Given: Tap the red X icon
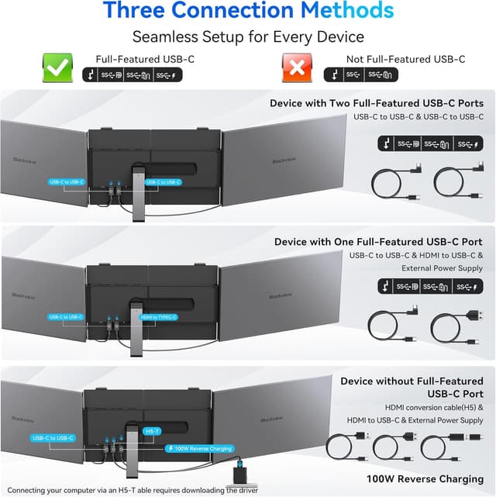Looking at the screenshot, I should (x=295, y=68).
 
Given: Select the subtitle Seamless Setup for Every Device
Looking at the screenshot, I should (x=248, y=37).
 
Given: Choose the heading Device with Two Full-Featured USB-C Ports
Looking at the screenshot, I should (x=377, y=103).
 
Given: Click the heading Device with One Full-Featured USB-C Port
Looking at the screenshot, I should (x=378, y=242).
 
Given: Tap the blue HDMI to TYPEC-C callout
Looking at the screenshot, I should (x=159, y=317).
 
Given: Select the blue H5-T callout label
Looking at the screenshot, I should (x=153, y=430).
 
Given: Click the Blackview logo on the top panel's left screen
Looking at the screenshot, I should (x=21, y=160).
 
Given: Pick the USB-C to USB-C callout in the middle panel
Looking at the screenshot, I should (x=67, y=317).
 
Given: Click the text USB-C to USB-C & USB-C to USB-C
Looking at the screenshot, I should (x=418, y=117).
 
